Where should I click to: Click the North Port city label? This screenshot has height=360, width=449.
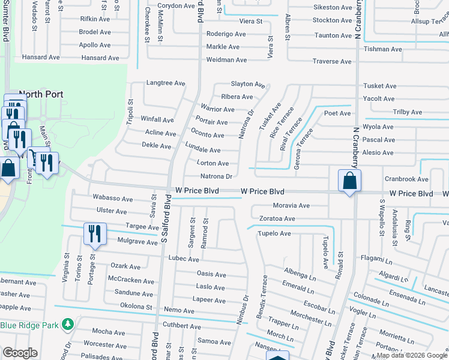(40, 94)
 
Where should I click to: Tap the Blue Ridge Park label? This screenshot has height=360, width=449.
(29, 325)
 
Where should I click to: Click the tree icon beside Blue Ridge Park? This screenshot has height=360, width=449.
(68, 325)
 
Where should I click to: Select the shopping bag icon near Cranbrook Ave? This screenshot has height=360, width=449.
(349, 181)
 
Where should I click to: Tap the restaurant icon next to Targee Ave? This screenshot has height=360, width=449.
(95, 233)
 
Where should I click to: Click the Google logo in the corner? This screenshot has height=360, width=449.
(20, 353)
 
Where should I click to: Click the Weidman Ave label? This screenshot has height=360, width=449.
(226, 60)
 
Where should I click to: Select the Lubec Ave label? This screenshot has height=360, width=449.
(184, 259)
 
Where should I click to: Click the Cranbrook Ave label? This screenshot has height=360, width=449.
(406, 179)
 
